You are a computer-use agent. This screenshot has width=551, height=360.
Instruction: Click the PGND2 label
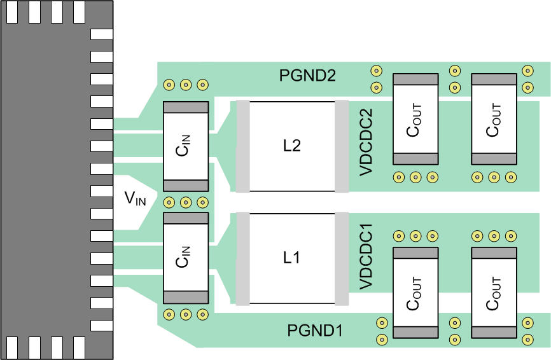tap(307, 75)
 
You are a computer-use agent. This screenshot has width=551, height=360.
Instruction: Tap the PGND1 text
tap(315, 331)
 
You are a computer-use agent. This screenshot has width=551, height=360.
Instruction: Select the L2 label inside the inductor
tap(291, 146)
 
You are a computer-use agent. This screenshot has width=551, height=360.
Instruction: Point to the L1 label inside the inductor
tap(291, 258)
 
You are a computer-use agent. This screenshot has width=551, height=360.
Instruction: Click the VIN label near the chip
tap(135, 200)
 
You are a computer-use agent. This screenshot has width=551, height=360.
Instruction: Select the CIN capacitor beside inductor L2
tap(186, 146)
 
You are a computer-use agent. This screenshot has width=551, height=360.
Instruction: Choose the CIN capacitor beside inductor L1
tap(186, 258)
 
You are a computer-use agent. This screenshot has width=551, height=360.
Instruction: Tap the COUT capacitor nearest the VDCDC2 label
tap(415, 119)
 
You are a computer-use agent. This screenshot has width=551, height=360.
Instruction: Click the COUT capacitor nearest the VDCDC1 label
tap(415, 293)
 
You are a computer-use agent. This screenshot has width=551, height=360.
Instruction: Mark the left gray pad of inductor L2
tap(242, 146)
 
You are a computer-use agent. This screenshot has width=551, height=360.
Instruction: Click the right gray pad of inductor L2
tap(342, 146)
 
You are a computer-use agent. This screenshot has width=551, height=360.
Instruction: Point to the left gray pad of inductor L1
tap(242, 258)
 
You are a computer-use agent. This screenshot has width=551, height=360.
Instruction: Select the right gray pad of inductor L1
tap(342, 258)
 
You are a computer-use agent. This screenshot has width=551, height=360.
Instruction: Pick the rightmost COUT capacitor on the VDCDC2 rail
tap(494, 119)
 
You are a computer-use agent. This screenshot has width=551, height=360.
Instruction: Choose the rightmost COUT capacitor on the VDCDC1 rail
tap(494, 293)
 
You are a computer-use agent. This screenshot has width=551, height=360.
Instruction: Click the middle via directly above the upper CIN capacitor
tap(186, 84)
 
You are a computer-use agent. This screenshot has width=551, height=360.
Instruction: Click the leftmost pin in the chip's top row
tap(12, 11)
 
